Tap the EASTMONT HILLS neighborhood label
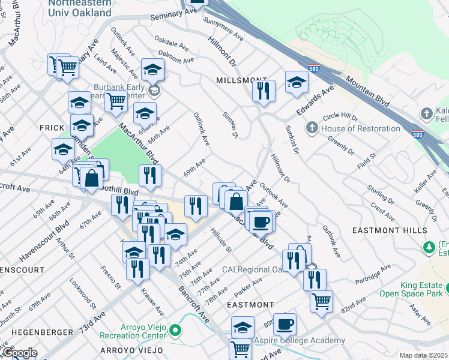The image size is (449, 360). (x=399, y=230)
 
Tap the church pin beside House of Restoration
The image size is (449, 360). (x=312, y=128)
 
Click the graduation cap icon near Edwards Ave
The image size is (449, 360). (x=297, y=83)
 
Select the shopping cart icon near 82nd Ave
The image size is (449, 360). (x=322, y=301)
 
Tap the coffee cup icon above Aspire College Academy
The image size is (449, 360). (x=285, y=325)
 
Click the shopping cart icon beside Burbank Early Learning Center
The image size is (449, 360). (x=116, y=101)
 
